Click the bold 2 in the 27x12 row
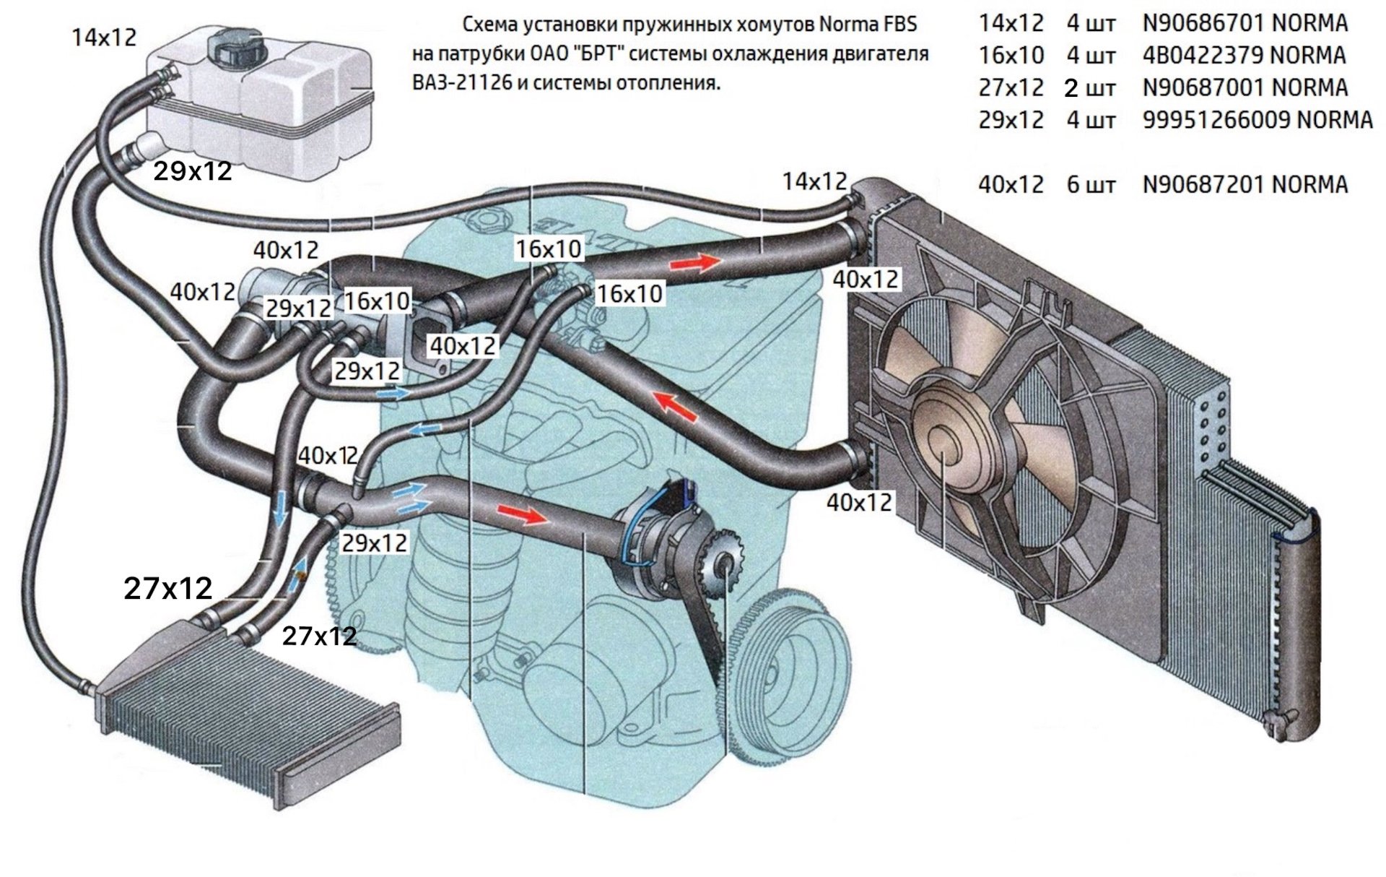pyautogui.click(x=1071, y=88)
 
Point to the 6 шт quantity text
pyautogui.click(x=1090, y=185)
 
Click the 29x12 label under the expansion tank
pyautogui.click(x=193, y=171)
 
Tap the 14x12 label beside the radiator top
pyautogui.click(x=814, y=181)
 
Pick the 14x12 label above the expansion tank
pyautogui.click(x=104, y=38)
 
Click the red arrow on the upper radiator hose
pyautogui.click(x=694, y=263)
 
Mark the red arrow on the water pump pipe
pyautogui.click(x=523, y=514)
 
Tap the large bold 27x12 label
pyautogui.click(x=168, y=589)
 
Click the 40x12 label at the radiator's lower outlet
pyautogui.click(x=859, y=502)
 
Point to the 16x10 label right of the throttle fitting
pyautogui.click(x=629, y=293)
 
